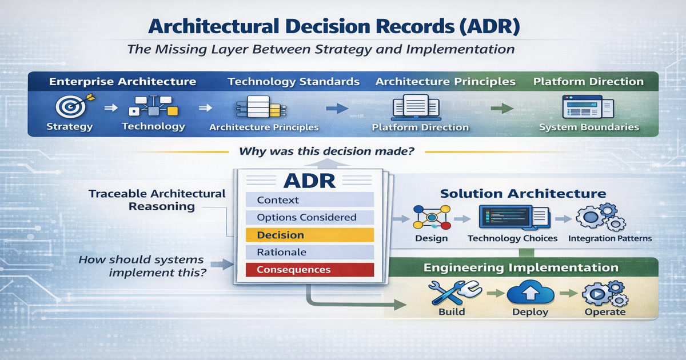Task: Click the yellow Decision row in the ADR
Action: pos(309,235)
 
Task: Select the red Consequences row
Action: pos(309,269)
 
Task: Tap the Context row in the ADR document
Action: pos(309,200)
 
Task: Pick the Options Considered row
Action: pos(309,217)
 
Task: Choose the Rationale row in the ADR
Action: pos(309,252)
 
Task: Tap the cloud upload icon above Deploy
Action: pos(530,293)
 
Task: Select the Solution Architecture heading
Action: pos(523,194)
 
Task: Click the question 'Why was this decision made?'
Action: pos(326,153)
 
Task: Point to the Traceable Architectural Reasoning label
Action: pos(157,200)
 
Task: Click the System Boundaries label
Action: pos(589,127)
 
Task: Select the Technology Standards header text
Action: pos(294,82)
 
